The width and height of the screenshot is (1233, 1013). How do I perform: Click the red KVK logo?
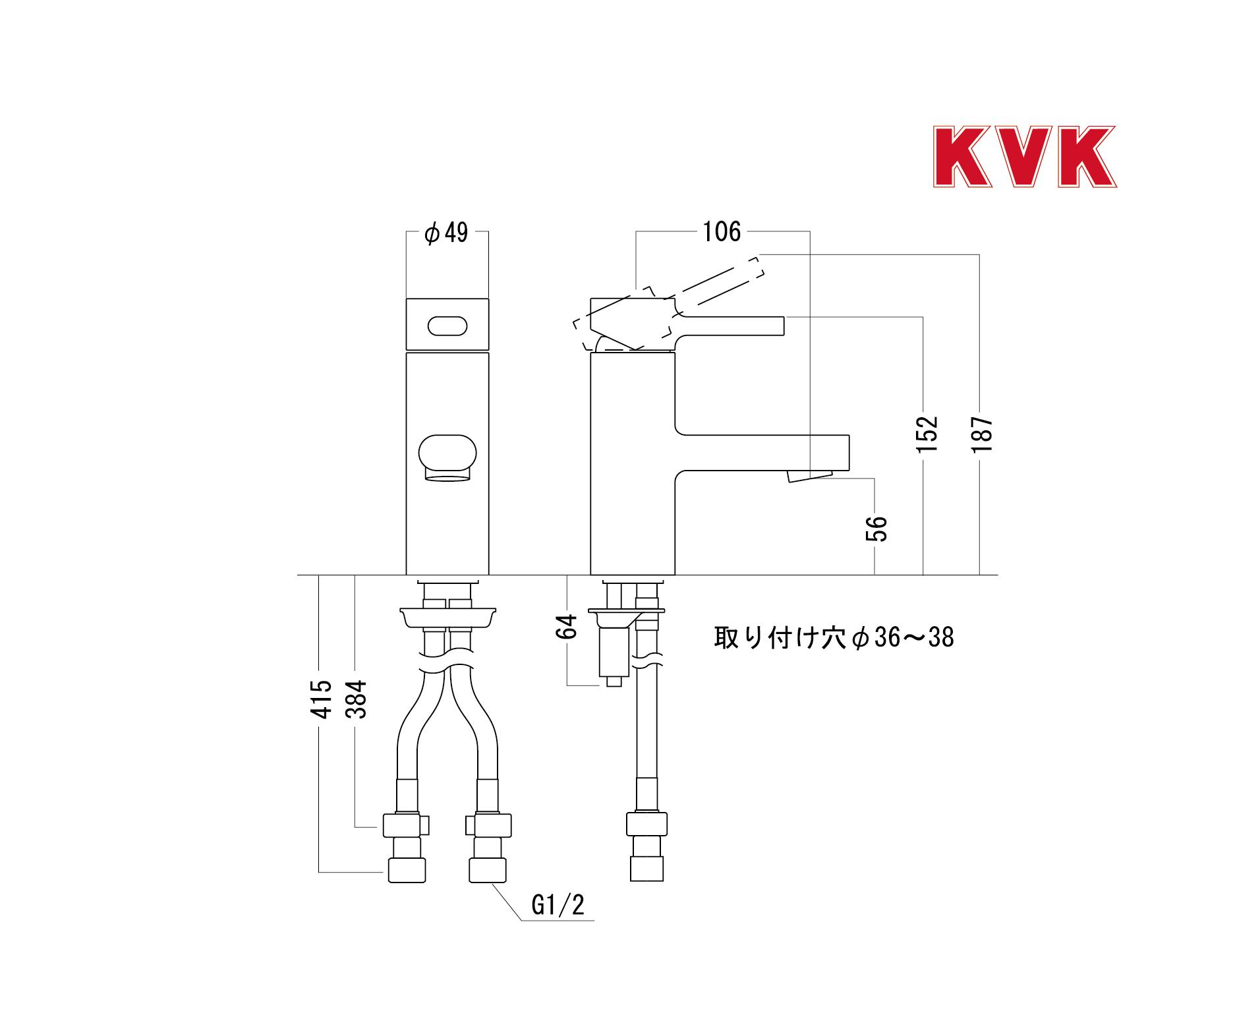(x=1025, y=157)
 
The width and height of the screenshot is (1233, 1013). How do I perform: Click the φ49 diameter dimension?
(x=446, y=233)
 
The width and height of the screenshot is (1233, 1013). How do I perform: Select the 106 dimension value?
(x=722, y=232)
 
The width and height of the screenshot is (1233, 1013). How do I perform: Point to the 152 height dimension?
(x=926, y=434)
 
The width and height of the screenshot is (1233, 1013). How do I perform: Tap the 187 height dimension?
(x=981, y=434)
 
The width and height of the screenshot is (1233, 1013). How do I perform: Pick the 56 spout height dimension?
(x=876, y=529)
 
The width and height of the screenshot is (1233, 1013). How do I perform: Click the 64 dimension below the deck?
(x=566, y=627)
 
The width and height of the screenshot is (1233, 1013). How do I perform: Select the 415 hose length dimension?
(x=321, y=699)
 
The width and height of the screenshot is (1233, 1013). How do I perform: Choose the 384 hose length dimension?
(x=356, y=699)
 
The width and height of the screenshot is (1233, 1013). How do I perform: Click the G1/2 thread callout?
(x=558, y=905)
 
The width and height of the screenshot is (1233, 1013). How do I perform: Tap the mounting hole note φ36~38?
(x=834, y=637)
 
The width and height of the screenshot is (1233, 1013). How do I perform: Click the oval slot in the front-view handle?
(x=447, y=326)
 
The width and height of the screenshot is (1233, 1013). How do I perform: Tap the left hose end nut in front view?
(x=407, y=870)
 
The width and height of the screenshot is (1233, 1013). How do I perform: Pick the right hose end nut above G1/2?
(x=488, y=870)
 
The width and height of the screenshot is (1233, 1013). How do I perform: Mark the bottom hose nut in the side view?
(x=646, y=869)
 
